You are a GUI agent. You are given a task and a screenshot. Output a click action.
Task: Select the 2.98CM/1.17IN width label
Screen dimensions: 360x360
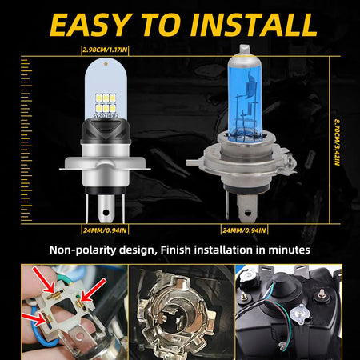coord(111,50)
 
